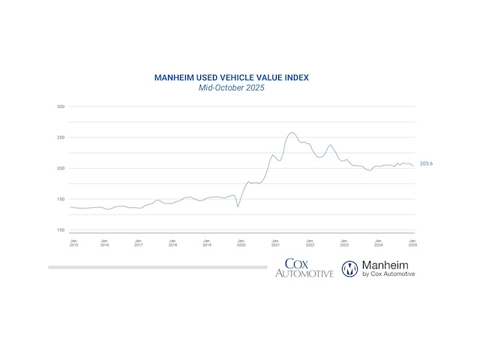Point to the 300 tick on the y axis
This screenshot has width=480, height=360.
coord(61,107)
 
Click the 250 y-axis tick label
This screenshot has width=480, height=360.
coord(61,138)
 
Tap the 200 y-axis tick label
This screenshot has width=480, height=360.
coord(61,169)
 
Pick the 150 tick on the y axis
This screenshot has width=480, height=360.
coord(61,199)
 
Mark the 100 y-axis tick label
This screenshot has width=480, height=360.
coord(61,230)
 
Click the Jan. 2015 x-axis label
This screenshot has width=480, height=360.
coord(74,242)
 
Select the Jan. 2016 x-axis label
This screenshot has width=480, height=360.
coord(104,242)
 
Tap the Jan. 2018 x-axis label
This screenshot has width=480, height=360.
coord(172,242)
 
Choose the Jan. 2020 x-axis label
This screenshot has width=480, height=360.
coord(241,242)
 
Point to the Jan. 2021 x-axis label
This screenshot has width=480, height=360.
coord(275,242)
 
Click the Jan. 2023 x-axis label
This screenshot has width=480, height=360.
coord(343,242)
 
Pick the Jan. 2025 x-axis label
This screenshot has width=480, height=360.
coord(412,242)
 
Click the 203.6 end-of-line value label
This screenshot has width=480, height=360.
coord(426,163)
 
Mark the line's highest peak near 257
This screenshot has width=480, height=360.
coord(292,133)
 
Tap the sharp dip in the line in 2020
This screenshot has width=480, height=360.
coord(238,206)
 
